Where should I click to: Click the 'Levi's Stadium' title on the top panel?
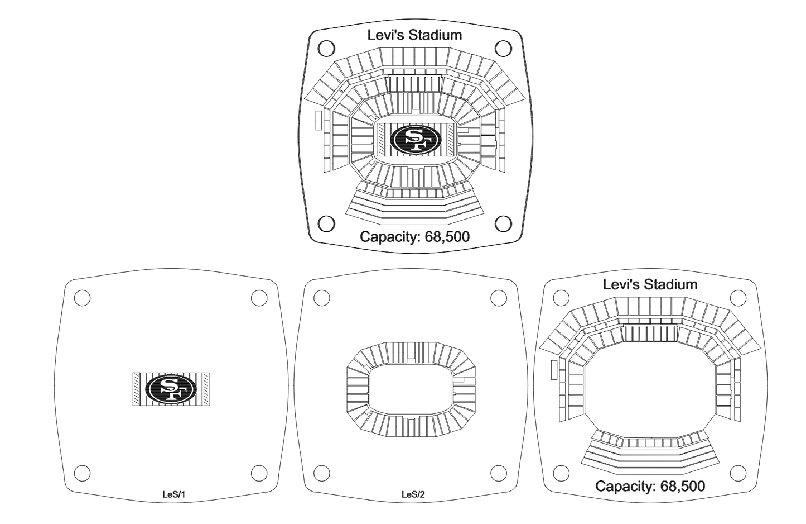414,35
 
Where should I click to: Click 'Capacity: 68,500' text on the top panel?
414,237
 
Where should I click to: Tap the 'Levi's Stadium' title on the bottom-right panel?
650,284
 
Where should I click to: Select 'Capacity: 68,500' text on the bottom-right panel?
650,486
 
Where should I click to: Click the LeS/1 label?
171,494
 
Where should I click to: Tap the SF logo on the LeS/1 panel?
171,389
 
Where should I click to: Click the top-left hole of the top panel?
326,49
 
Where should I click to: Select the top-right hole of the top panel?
503,49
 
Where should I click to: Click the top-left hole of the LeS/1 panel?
82,298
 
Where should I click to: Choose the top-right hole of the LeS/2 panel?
498,298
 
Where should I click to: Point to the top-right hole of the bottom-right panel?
739,298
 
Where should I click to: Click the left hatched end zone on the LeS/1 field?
137,389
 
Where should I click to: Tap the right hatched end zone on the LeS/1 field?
205,389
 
